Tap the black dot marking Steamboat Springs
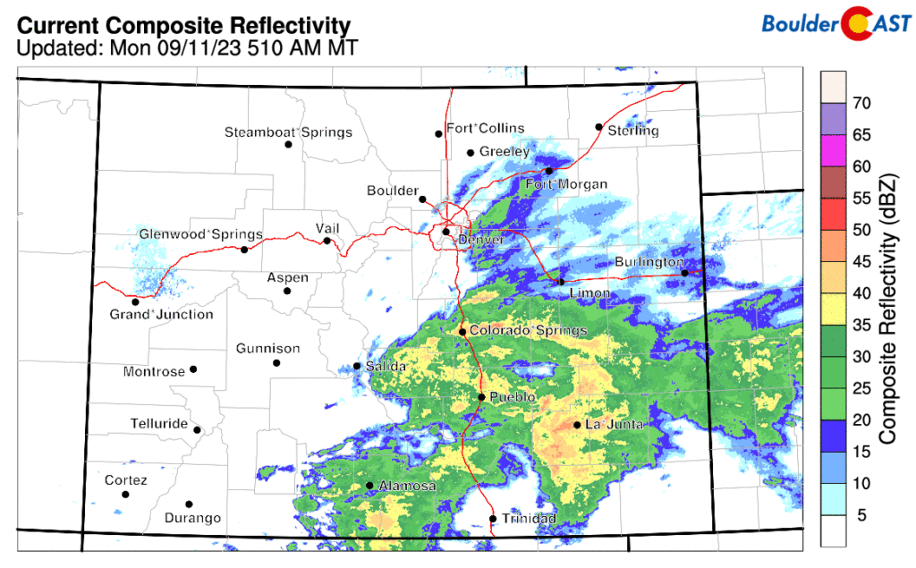289,145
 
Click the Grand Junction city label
161,314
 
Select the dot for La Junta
577,425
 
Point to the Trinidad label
528,519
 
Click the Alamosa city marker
369,486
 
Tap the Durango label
192,518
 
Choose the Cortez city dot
125,495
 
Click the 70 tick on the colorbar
861,103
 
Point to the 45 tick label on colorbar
861,261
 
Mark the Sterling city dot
599,127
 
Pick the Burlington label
649,262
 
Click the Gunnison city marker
276,363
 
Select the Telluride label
157,422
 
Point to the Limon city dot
561,282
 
